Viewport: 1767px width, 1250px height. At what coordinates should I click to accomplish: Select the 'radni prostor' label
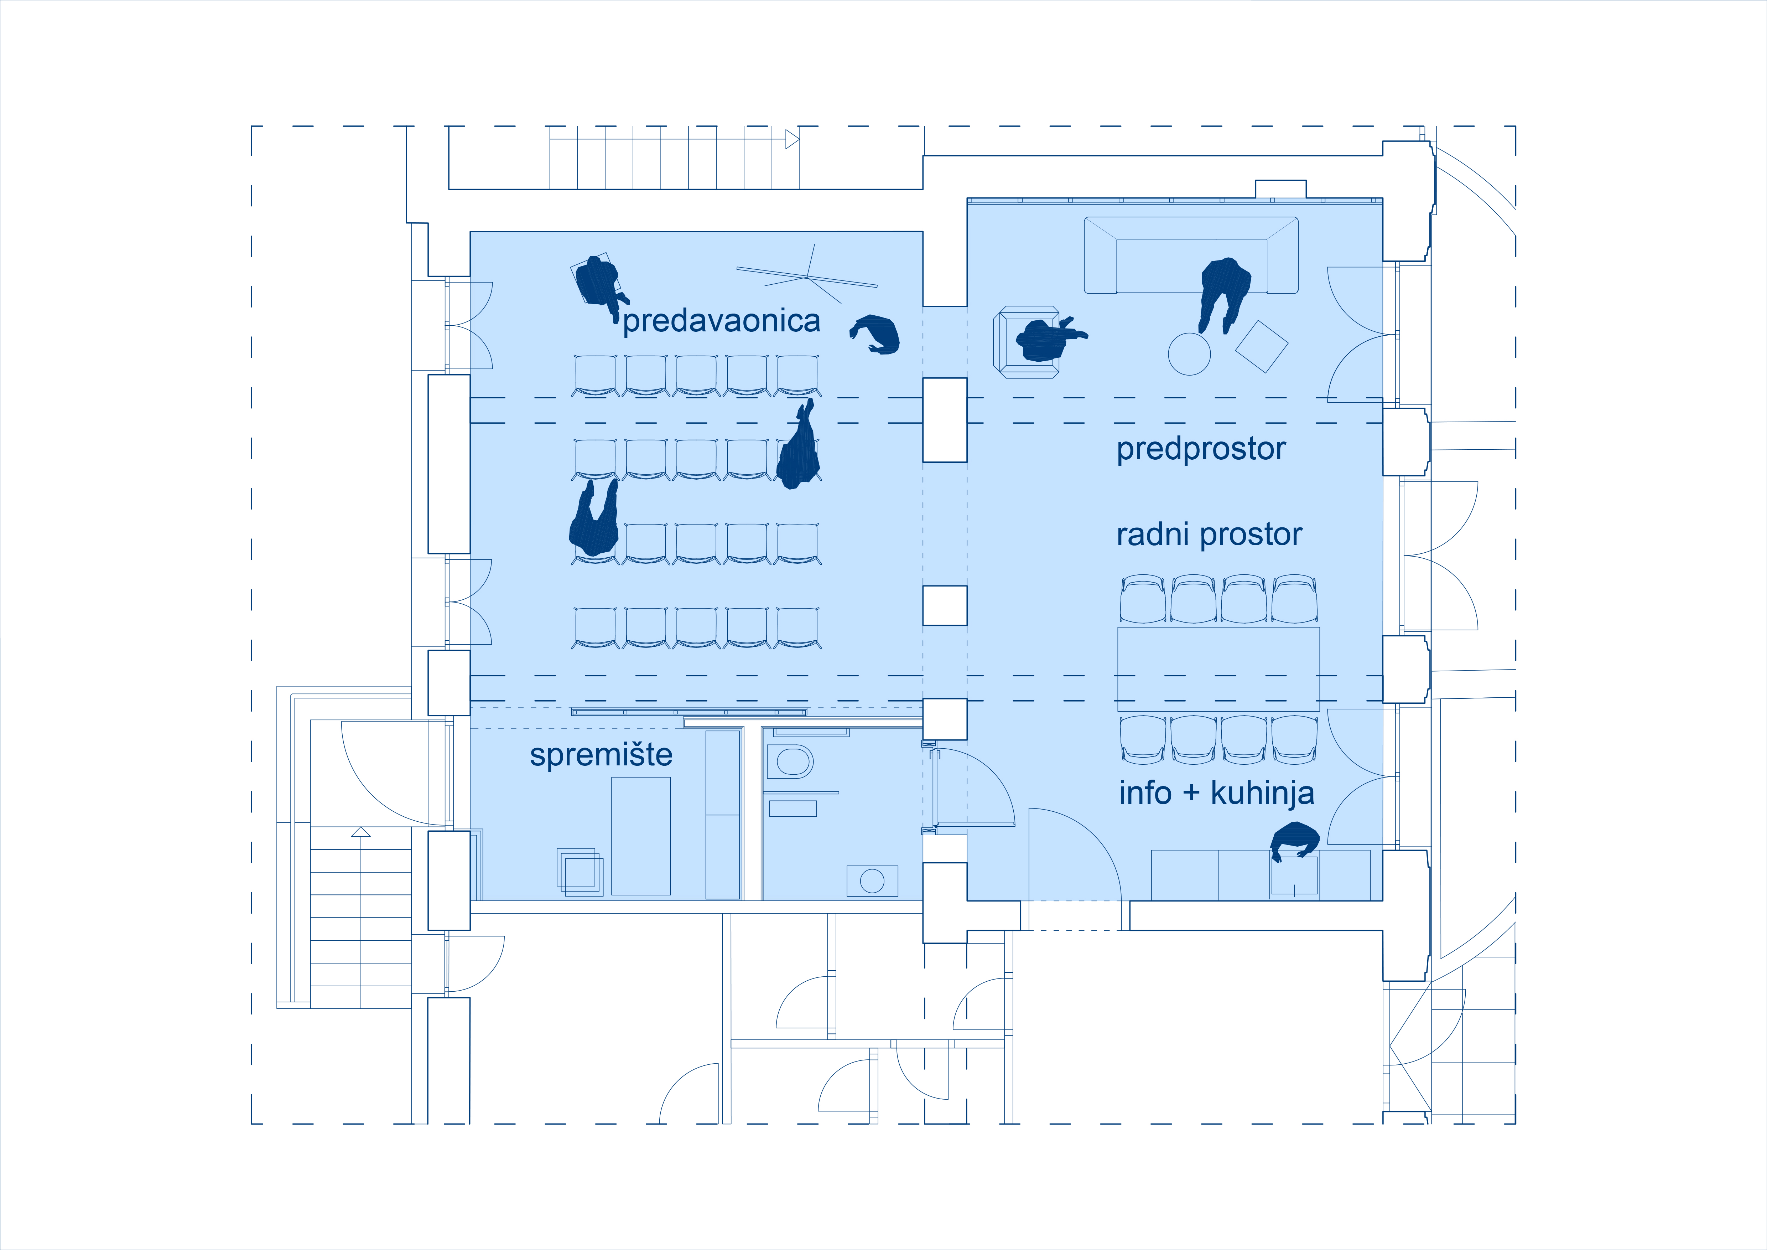[x=1209, y=534]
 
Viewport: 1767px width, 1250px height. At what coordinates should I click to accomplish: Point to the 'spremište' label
[x=601, y=755]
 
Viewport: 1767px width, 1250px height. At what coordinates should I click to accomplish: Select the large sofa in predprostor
[x=1191, y=255]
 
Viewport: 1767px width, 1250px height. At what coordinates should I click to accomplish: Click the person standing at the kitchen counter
[x=1295, y=841]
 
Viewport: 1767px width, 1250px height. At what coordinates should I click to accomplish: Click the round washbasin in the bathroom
[x=872, y=880]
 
